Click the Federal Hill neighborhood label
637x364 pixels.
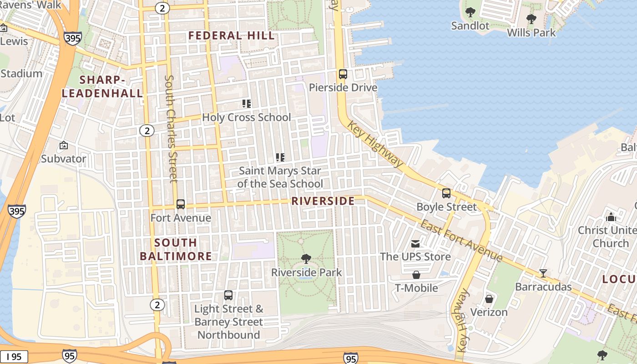[x=232, y=35]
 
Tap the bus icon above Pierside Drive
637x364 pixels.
[x=343, y=74]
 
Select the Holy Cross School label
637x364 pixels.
[x=246, y=117]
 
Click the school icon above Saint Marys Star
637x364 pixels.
[x=280, y=157]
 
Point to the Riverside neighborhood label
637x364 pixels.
[x=323, y=201]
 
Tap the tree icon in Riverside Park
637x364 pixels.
[x=306, y=259]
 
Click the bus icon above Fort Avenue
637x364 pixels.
[x=181, y=204]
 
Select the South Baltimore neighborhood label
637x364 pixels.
[x=176, y=249]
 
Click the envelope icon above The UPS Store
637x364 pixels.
[x=415, y=244]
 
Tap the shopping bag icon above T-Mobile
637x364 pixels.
[x=416, y=275]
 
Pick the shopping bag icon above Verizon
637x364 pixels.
[x=489, y=299]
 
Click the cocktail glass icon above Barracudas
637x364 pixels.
[x=543, y=273]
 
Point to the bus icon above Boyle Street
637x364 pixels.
[x=446, y=193]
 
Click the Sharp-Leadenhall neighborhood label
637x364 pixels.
[x=102, y=86]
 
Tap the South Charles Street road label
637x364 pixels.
[x=170, y=129]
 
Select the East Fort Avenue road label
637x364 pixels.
[x=460, y=241]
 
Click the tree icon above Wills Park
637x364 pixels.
[x=531, y=19]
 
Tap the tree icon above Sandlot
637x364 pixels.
[x=470, y=12]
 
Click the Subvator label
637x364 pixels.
[x=64, y=159]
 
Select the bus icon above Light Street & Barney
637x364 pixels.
[x=228, y=295]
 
